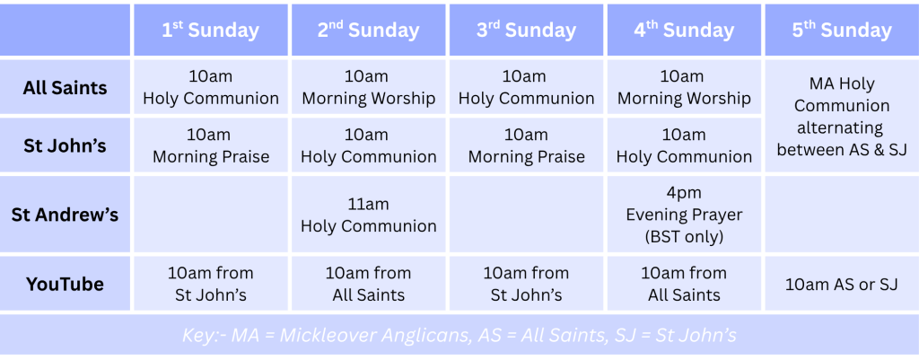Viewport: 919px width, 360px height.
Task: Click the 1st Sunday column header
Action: [211, 31]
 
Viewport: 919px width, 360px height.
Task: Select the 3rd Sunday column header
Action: [526, 31]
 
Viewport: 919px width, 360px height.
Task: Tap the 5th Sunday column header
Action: [842, 31]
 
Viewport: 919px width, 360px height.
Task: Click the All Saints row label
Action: [65, 87]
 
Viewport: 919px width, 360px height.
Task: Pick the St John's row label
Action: [65, 145]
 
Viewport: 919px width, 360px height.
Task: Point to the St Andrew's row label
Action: [65, 215]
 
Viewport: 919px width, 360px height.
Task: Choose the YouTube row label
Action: [65, 285]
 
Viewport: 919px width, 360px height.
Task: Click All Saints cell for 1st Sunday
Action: [211, 87]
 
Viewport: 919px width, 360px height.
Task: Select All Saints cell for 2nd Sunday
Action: [369, 87]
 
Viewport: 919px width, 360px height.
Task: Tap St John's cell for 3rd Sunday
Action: [526, 145]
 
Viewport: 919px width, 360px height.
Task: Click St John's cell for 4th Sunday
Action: [684, 145]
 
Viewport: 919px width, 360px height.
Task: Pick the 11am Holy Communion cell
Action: [369, 215]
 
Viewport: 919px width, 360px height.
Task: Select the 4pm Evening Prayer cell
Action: [684, 215]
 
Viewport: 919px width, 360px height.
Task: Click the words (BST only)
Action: [684, 237]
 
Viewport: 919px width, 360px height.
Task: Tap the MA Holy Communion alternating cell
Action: [842, 116]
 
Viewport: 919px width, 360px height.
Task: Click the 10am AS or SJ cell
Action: [842, 285]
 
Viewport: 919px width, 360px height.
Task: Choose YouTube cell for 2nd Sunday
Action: [369, 285]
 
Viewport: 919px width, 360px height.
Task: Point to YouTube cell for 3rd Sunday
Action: [526, 285]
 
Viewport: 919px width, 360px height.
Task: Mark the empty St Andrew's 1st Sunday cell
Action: [211, 215]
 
